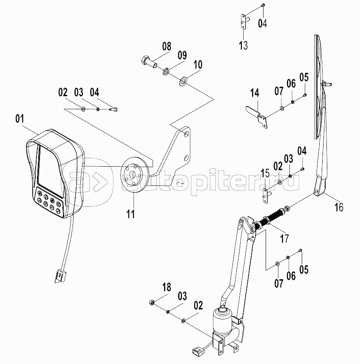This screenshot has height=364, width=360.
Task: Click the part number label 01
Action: [20, 119]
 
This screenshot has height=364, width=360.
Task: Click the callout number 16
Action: [338, 207]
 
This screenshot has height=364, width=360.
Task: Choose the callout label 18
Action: [167, 288]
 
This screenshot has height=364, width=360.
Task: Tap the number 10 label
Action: [198, 65]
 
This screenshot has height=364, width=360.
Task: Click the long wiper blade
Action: [318, 85]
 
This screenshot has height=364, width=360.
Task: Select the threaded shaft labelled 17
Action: [272, 216]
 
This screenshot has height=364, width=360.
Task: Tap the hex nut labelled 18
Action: [152, 302]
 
